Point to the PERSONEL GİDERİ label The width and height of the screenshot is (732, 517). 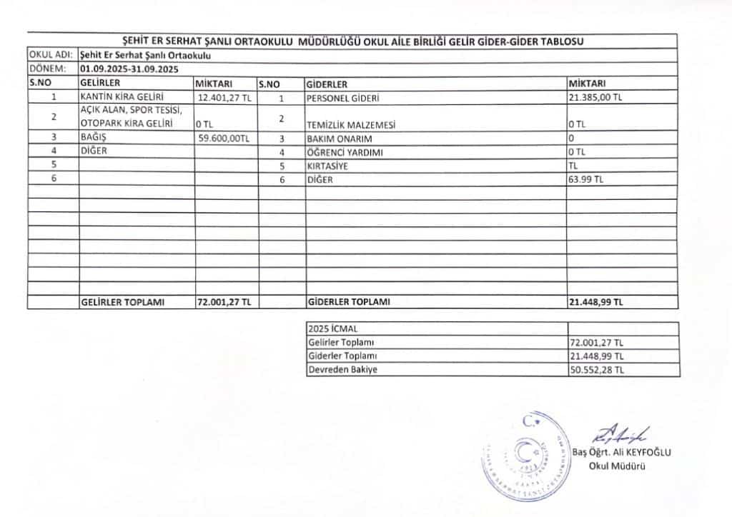pos(342,97)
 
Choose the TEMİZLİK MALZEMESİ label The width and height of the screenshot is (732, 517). pos(351,125)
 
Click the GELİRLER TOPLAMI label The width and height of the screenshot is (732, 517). pos(123,302)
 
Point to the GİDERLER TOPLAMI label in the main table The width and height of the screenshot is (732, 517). pos(349,302)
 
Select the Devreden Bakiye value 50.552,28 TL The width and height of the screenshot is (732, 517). pos(597,370)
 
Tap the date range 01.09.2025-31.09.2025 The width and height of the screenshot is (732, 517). pos(129,69)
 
